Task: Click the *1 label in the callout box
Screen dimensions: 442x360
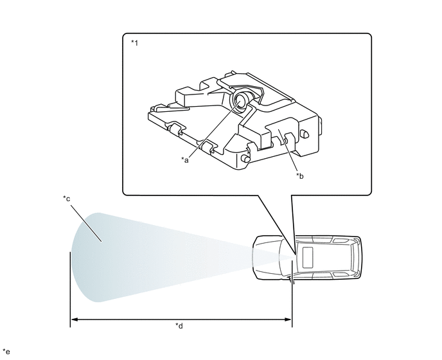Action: (134, 43)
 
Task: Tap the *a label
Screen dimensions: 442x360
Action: (184, 160)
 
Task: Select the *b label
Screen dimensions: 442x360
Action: (299, 176)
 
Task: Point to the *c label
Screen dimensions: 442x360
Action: (67, 199)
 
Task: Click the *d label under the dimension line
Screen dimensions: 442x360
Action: (179, 326)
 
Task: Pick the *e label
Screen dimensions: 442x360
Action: (6, 352)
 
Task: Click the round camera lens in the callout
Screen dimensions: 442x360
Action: (241, 102)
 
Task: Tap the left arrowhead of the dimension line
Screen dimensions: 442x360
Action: (74, 319)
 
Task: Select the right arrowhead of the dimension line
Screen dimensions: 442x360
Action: (288, 319)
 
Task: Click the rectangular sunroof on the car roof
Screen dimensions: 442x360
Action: (308, 258)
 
